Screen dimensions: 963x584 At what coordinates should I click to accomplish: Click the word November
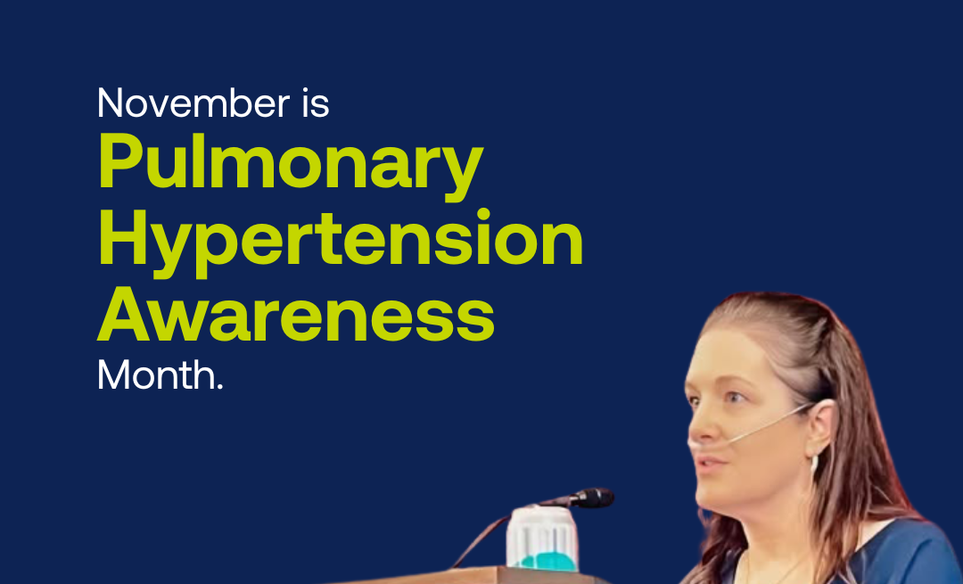(193, 103)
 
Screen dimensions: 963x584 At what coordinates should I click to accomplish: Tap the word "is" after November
(316, 103)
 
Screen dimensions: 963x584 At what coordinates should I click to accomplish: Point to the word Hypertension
(341, 241)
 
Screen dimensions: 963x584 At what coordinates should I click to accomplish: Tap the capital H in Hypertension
(123, 237)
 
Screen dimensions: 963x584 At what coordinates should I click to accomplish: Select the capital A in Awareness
(126, 313)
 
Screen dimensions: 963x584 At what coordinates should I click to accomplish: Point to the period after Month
(220, 387)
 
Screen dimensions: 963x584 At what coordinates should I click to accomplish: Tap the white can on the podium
(542, 538)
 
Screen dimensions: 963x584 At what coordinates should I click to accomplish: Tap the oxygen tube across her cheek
(768, 423)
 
